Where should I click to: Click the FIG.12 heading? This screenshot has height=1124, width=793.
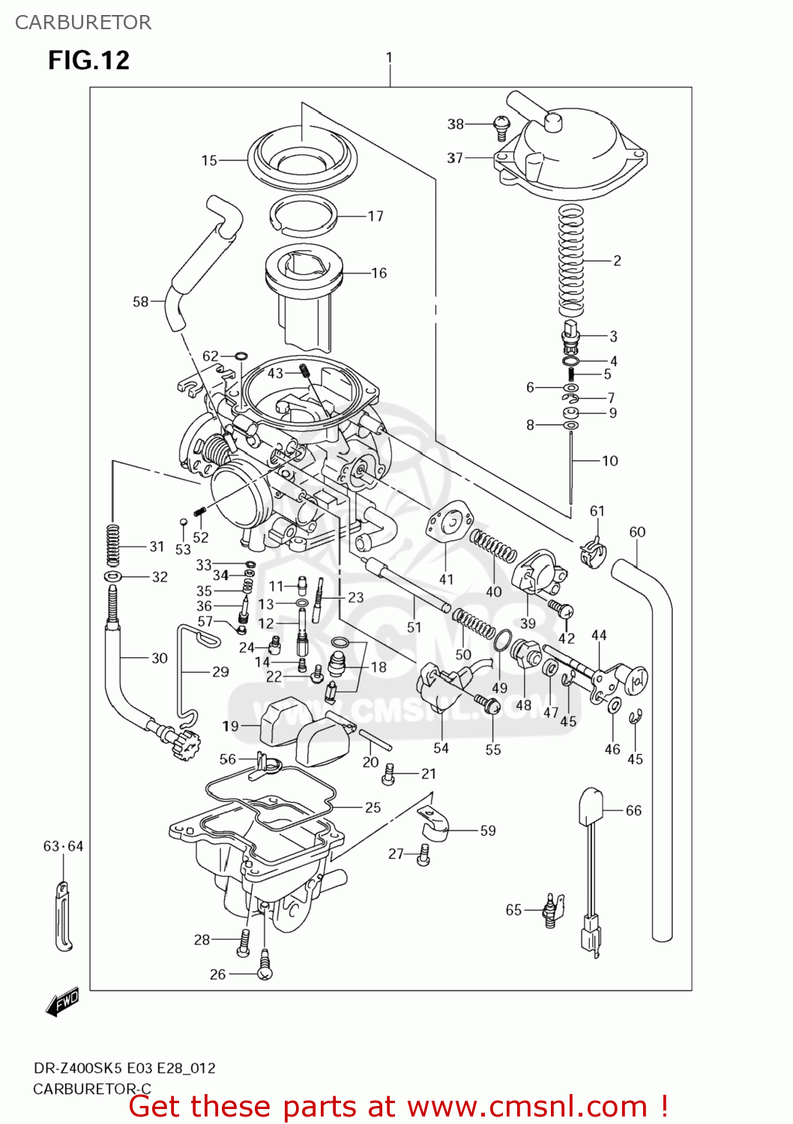88,60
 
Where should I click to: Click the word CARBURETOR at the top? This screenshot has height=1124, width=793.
83,22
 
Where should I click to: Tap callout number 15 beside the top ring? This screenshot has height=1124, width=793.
209,160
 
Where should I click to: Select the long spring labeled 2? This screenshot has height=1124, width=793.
571,259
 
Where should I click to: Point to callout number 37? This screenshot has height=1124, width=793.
455,158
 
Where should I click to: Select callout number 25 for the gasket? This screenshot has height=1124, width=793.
373,808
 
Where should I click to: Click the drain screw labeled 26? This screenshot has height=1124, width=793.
265,967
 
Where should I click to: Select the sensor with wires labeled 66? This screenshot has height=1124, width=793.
591,824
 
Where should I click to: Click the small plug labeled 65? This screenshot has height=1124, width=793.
551,911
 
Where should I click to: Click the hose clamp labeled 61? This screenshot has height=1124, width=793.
592,552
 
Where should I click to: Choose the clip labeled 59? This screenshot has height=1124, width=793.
433,824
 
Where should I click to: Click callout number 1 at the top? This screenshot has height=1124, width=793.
389,58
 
